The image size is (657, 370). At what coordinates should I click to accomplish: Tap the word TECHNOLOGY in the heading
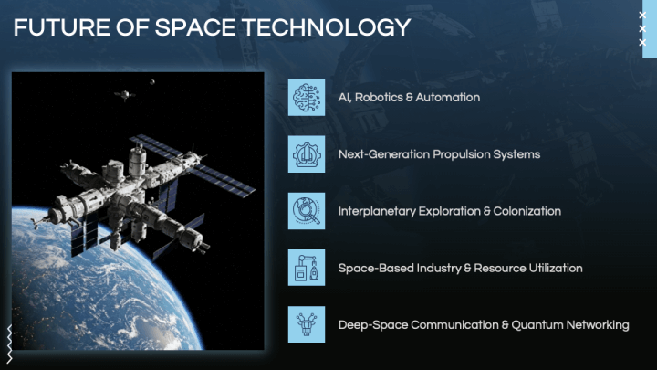coord(327,27)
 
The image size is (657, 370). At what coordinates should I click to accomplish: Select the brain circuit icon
coord(307,98)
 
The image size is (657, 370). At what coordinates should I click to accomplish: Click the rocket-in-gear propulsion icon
coord(307,154)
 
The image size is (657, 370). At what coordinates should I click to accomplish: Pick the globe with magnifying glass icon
coord(307,211)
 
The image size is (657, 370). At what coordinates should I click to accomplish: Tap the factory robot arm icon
coord(307,268)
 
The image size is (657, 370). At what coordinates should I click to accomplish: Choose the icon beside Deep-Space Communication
coord(307,324)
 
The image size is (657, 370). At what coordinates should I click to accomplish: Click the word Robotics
coord(379,98)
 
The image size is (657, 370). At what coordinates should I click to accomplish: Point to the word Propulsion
coord(462,154)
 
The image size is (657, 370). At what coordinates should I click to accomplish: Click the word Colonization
coord(527,211)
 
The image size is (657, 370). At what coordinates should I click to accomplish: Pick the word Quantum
coord(537,324)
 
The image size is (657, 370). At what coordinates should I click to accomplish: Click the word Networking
coord(598,325)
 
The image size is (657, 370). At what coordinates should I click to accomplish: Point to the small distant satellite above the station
coord(125,95)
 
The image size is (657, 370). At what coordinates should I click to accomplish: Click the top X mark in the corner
coord(642,16)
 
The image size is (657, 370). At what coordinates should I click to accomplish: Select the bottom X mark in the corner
coord(642,42)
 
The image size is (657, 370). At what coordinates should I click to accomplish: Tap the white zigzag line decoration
coord(9,344)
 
